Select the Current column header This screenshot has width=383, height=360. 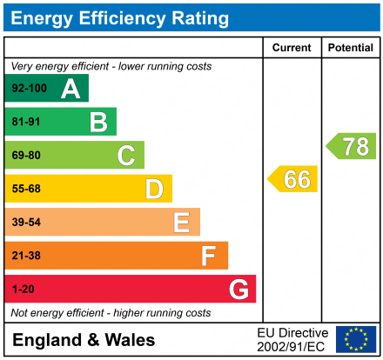(x=292, y=48)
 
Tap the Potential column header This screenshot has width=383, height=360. (x=350, y=48)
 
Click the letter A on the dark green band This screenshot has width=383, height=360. (x=71, y=89)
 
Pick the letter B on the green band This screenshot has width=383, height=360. (x=98, y=122)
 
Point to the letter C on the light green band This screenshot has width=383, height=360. (x=126, y=156)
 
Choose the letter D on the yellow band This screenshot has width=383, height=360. (x=154, y=189)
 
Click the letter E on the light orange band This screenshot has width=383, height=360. (x=181, y=223)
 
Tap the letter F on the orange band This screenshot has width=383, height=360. (x=209, y=256)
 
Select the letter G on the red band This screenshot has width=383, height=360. (x=238, y=289)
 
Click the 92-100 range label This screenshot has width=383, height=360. (x=29, y=89)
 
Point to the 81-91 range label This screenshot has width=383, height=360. (x=26, y=122)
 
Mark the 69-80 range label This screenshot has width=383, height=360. (x=26, y=156)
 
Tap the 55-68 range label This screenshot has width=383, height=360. (x=26, y=189)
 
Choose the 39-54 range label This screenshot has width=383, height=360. (x=26, y=223)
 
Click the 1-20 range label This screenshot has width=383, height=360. (x=23, y=289)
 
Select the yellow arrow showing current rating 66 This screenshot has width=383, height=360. (x=293, y=179)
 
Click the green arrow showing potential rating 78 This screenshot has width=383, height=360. (x=352, y=146)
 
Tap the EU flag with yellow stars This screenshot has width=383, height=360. (x=356, y=339)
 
